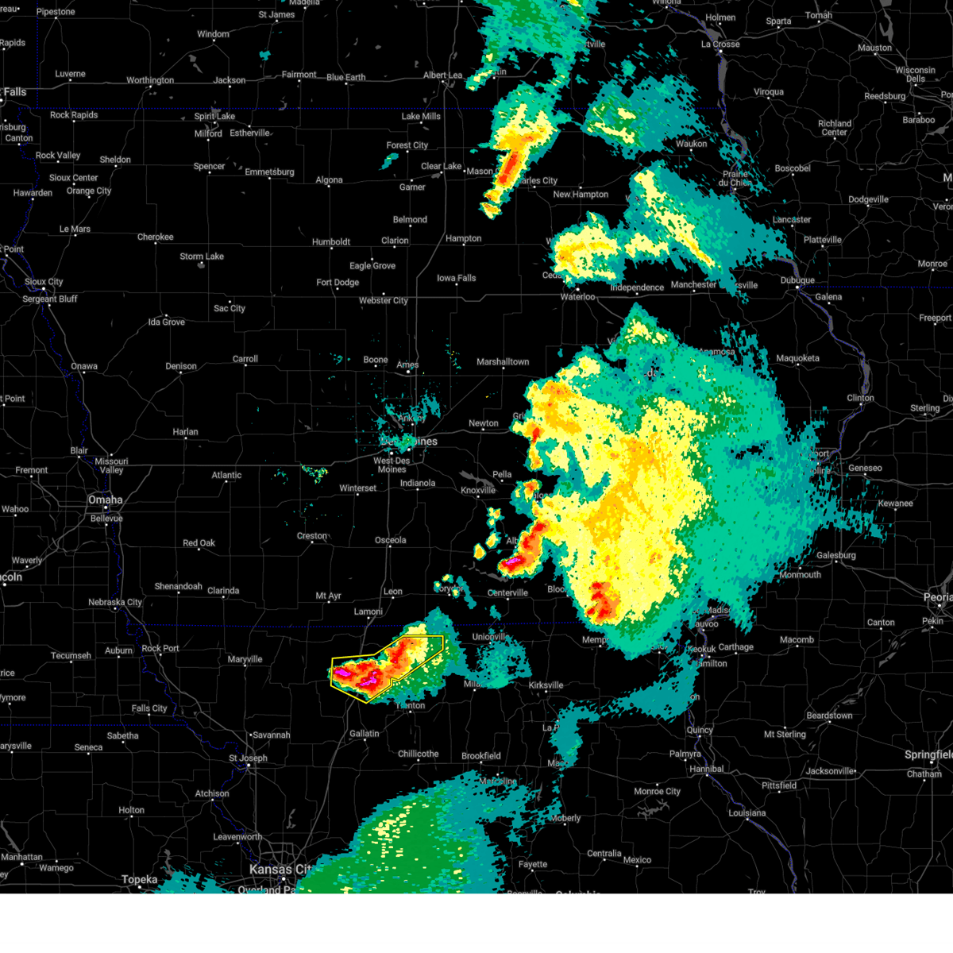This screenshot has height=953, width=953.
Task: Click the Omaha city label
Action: point(106,500)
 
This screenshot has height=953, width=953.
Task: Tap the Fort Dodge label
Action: point(338,282)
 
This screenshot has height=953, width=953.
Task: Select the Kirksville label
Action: point(546,685)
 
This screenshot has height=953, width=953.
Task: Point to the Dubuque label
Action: point(797,280)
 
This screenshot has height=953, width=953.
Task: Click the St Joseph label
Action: point(249,758)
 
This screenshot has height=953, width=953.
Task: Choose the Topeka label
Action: point(140,879)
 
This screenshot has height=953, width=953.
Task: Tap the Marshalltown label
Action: point(503,361)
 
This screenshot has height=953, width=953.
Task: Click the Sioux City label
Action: point(44,282)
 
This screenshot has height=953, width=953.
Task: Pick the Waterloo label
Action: point(578,296)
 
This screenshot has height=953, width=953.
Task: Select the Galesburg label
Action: point(836,555)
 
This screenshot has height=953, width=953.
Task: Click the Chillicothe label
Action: point(419,754)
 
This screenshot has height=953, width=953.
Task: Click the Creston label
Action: point(312,536)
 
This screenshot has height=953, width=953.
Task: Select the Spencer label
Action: point(210,166)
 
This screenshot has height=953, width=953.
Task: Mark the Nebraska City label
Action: point(115,602)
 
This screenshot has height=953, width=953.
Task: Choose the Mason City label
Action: point(481,172)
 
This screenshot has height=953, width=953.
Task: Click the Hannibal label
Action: point(707,769)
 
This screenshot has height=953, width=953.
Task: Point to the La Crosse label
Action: point(720,44)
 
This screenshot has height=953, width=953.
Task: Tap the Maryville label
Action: point(245,659)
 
